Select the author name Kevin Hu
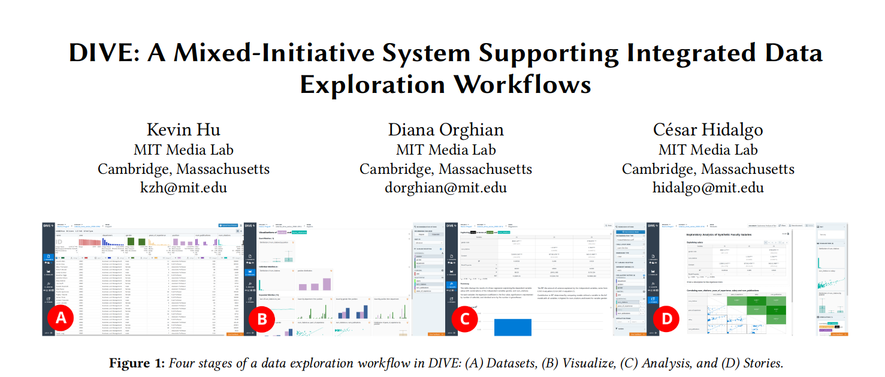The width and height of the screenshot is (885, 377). pyautogui.click(x=183, y=130)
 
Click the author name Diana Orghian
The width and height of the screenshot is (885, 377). pyautogui.click(x=445, y=130)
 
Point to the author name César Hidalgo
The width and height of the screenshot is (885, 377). pyautogui.click(x=708, y=130)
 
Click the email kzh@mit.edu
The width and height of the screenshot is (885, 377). pyautogui.click(x=183, y=188)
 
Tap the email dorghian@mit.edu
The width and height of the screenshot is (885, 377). pyautogui.click(x=445, y=188)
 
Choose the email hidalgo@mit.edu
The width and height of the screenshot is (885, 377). pyautogui.click(x=708, y=188)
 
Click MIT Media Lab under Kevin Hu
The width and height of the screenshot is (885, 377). pyautogui.click(x=183, y=150)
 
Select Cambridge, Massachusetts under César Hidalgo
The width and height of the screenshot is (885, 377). pyautogui.click(x=708, y=169)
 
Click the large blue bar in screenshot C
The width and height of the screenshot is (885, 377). pyautogui.click(x=512, y=327)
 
